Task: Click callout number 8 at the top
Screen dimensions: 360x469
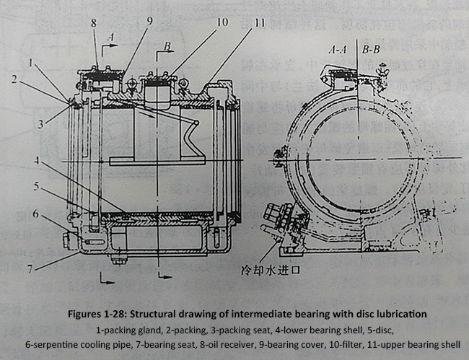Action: coord(93,23)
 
